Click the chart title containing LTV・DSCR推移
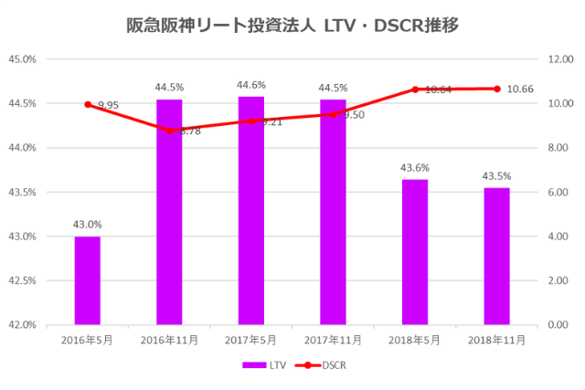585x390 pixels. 292,25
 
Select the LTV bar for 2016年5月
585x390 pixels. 88,280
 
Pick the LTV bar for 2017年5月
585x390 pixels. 251,210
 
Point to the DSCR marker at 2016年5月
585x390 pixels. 88,104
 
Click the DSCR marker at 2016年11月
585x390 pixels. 169,131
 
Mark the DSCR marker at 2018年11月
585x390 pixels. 496,89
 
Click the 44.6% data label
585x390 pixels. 251,85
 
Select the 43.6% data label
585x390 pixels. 415,168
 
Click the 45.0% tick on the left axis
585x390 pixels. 22,59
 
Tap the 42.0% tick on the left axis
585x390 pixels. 22,325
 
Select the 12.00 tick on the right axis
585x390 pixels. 558,59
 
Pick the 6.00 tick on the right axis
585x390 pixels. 557,193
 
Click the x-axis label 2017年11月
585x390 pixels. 333,340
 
